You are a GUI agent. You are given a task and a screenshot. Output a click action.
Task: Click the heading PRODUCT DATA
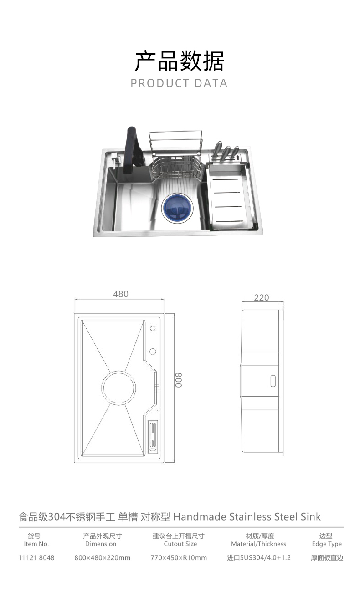[179, 83]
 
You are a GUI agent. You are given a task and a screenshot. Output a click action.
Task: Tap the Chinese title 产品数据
[180, 61]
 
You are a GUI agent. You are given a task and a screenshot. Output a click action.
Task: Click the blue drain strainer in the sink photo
[177, 209]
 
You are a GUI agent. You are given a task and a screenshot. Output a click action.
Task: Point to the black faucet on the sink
[134, 150]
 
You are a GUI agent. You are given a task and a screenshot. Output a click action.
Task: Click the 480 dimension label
[121, 294]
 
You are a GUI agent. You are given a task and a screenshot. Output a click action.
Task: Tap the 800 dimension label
[179, 380]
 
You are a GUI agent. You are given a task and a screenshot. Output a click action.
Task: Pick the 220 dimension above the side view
[261, 297]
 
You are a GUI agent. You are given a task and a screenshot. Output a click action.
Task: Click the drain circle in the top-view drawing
[118, 388]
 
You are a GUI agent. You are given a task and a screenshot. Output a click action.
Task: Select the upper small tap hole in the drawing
[153, 328]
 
